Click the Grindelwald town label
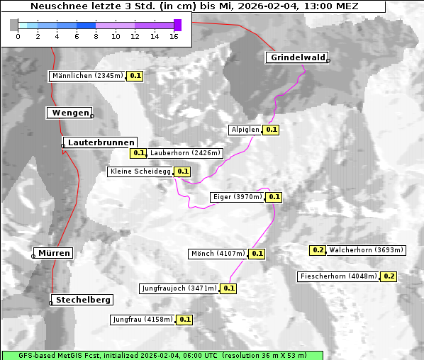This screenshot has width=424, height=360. pos(297,57)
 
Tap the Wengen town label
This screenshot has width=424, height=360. pos(69,113)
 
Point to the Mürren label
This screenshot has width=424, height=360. pos(54,253)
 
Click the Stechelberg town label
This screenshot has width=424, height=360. pos(81,300)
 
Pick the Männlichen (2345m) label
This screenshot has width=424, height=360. pos(87,76)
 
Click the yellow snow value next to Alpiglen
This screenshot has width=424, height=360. pos(272,130)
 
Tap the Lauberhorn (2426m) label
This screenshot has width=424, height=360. pos(186,152)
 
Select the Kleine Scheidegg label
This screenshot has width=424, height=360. pos(140,171)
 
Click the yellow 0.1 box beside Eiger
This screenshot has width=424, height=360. pos(274,197)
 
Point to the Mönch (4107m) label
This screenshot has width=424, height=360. pos(218,253)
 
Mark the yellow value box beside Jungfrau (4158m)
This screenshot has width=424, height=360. pos(185,320)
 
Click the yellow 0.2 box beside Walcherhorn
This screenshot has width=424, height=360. pos(318,250)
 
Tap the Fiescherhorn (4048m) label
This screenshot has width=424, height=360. pos(338,276)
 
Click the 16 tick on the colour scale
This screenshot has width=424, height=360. pos(174,35)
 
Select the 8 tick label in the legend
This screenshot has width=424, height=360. pos(96,35)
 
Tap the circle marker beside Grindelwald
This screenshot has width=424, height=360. pos(328,61)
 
